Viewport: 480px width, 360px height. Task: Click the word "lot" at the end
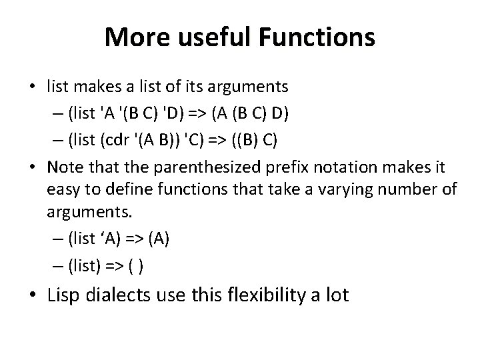pos(335,295)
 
